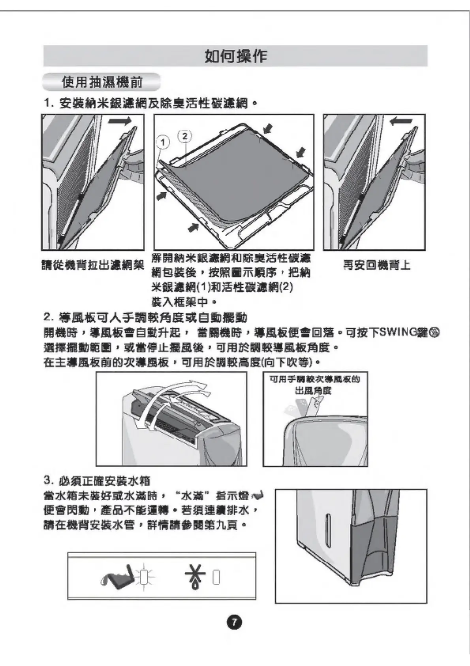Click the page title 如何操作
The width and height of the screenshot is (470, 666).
[235, 57]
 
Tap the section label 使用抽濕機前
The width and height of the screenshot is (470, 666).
[102, 82]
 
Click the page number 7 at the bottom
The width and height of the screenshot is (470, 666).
[234, 622]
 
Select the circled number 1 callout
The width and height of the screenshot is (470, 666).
[163, 142]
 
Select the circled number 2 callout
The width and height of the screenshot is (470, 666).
[185, 136]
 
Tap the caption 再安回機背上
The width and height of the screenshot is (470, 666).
[376, 265]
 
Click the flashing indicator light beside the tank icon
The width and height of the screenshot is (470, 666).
[144, 578]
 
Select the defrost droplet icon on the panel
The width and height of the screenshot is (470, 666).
[195, 578]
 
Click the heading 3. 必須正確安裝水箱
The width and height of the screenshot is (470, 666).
[97, 481]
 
